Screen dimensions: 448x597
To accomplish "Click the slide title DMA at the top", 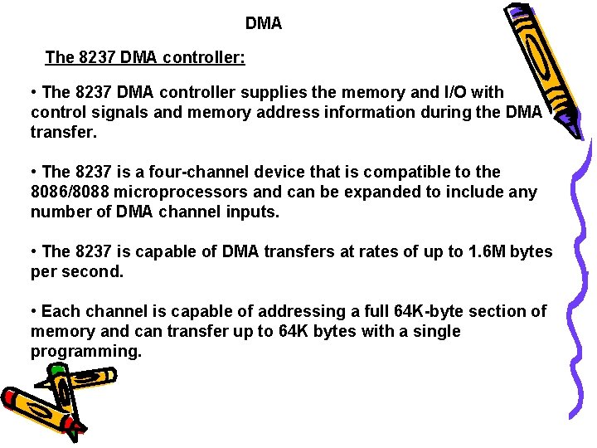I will click(x=264, y=24).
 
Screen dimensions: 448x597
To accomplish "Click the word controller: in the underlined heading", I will click(x=203, y=57).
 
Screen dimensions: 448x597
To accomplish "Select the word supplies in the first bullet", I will click(x=242, y=91).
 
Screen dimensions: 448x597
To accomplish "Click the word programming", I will click(x=86, y=351).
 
